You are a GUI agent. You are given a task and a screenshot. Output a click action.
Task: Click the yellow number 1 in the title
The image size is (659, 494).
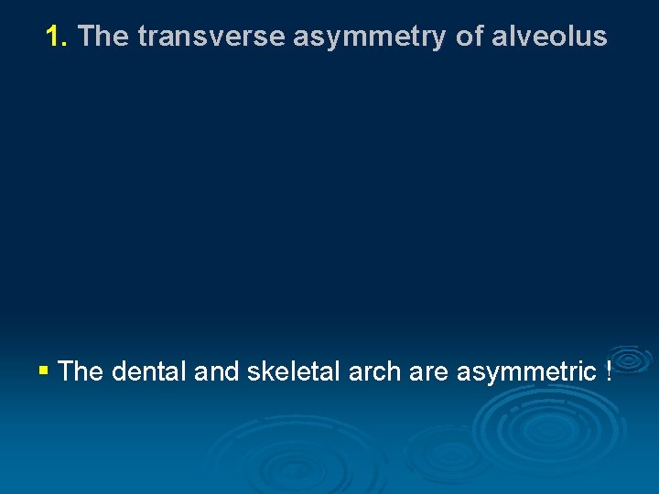54,37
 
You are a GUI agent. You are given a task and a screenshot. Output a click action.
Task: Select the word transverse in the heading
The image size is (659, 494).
212,37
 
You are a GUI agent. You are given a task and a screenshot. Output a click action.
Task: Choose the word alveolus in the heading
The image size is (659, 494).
549,37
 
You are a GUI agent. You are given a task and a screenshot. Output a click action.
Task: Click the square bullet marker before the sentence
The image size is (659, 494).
44,371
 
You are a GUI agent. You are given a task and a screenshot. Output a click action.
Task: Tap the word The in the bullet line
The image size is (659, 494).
81,371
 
